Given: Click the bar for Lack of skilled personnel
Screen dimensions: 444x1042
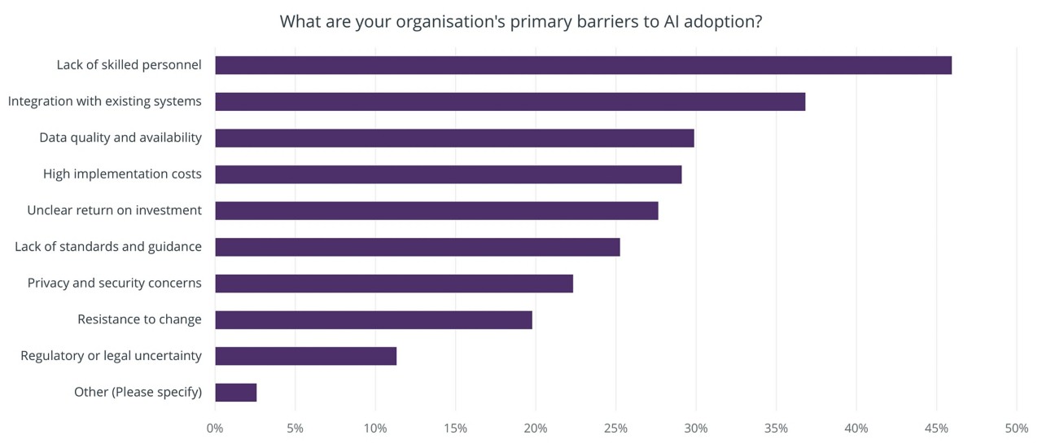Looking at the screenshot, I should (x=583, y=65).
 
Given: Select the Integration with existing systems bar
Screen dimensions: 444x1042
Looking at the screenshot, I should (x=510, y=102).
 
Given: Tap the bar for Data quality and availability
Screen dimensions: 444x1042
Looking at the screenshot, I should (x=454, y=138).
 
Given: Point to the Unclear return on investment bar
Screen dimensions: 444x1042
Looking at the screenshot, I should (x=436, y=210).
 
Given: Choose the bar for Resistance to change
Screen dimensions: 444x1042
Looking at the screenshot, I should (x=373, y=319).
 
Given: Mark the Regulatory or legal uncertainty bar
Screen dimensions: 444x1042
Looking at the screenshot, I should (x=305, y=356).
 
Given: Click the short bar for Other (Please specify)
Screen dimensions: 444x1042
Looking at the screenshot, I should (x=235, y=392).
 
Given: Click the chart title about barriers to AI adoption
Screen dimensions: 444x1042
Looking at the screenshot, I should (x=521, y=22).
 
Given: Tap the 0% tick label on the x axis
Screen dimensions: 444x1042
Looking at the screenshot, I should (x=215, y=429).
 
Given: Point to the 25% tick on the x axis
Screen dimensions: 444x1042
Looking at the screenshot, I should (x=615, y=429).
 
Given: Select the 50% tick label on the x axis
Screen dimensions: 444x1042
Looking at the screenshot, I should (x=1016, y=429).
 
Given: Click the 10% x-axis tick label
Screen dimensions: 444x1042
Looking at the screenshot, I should (x=375, y=429).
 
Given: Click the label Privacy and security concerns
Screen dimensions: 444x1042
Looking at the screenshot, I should (x=114, y=283).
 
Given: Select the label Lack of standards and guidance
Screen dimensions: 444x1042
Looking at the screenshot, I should (x=107, y=246).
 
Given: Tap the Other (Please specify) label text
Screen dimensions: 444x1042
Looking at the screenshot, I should (x=138, y=392).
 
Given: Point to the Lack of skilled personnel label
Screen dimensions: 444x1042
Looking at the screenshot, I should (x=129, y=64).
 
